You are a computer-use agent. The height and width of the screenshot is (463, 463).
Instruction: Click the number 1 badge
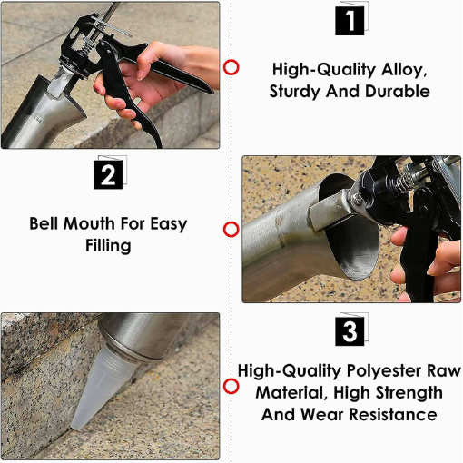[x=350, y=19]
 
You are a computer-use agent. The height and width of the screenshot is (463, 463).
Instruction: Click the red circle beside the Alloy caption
[x=231, y=68]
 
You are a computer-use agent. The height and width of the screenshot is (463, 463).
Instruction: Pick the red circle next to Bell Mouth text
[x=231, y=230]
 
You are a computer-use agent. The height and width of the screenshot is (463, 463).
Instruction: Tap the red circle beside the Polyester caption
[x=231, y=387]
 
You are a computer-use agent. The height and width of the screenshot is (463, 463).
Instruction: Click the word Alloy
[x=401, y=69]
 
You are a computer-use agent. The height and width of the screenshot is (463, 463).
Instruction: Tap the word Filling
[x=107, y=245]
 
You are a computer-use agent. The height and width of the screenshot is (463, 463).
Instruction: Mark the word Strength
[x=408, y=392]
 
